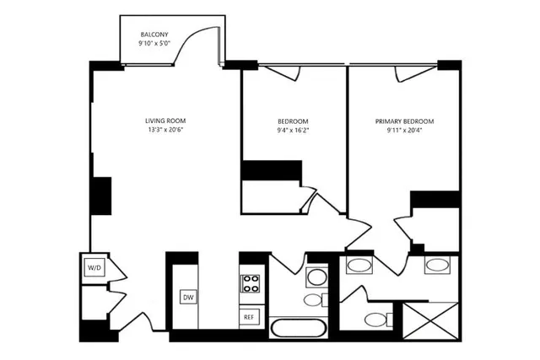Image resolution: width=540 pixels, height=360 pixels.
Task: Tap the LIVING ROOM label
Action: click(x=164, y=121)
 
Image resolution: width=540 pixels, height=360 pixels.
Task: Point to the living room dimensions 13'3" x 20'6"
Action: click(x=164, y=130)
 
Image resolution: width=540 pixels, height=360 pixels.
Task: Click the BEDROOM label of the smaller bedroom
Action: click(x=293, y=121)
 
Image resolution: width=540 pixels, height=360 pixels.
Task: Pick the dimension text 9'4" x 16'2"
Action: click(x=293, y=130)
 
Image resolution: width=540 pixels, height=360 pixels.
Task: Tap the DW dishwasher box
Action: click(x=188, y=297)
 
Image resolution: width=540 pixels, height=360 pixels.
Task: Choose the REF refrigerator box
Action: click(x=249, y=317)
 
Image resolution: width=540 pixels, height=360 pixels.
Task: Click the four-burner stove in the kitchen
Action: click(x=250, y=283)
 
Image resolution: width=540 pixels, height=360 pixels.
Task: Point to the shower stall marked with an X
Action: click(x=430, y=320)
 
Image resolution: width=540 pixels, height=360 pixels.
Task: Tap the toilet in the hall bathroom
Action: click(x=312, y=299)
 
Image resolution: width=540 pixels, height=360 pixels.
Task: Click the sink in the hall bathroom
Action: click(x=316, y=276)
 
